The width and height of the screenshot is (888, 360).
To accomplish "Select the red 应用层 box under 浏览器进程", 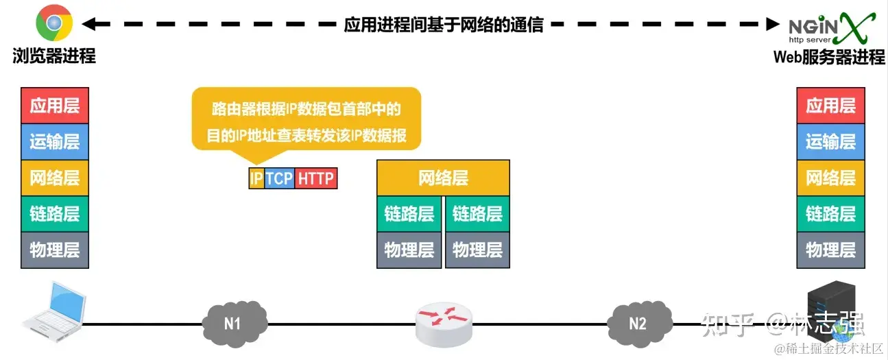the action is (x=55, y=106).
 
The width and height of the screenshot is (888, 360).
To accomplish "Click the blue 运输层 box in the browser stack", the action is (x=55, y=141).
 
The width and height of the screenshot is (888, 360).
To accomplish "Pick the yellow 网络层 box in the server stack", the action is (x=830, y=178).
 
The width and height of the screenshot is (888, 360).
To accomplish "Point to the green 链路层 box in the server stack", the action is (x=830, y=213).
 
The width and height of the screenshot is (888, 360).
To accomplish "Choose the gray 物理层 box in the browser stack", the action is (x=55, y=250).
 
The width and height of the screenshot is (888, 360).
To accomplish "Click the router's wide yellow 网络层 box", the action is (x=443, y=178).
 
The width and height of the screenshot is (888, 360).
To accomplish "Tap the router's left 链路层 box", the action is (x=409, y=213).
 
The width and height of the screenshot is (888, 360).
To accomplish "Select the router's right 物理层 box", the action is (x=477, y=250).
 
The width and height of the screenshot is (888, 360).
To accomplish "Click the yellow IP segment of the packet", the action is (x=256, y=179).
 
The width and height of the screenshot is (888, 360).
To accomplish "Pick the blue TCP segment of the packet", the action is (x=279, y=179).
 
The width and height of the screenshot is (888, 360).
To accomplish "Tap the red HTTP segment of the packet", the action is (x=316, y=179).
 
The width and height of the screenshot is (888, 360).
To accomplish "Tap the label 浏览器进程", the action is (x=54, y=56).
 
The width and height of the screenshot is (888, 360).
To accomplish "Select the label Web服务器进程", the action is (x=829, y=58).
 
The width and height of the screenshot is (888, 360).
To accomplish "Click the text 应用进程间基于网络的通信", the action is (x=443, y=25).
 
